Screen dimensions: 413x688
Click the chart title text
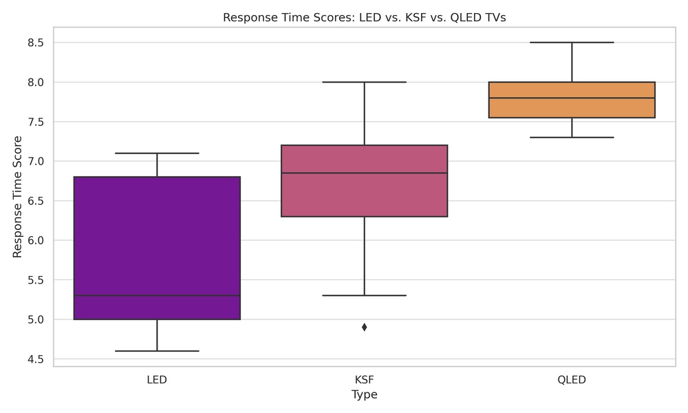[x=364, y=18]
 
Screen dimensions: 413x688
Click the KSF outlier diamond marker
[x=364, y=327]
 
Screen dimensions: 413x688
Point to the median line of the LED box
[x=157, y=295]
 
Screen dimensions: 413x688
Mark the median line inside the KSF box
[x=364, y=173]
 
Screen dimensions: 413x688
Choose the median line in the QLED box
[x=572, y=98]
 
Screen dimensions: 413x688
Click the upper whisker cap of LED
[x=157, y=153]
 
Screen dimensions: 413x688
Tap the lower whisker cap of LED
[x=157, y=351]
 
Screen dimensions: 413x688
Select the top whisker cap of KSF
[x=364, y=82]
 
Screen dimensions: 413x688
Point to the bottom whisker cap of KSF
[x=364, y=295]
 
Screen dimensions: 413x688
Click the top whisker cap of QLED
[x=572, y=42]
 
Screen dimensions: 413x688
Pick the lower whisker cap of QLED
[x=572, y=137]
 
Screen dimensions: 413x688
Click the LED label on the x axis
[x=157, y=380]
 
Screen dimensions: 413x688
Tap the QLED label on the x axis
[x=572, y=380]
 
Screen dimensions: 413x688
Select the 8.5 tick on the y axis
[x=35, y=43]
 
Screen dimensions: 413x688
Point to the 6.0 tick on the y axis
[x=35, y=240]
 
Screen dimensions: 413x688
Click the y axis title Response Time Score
[x=18, y=196]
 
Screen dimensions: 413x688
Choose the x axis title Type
[x=364, y=395]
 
